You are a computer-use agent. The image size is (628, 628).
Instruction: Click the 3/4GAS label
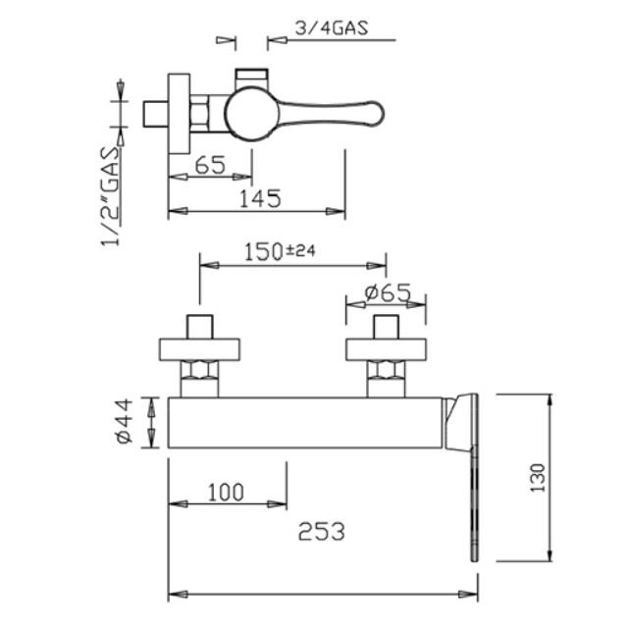[x=332, y=28]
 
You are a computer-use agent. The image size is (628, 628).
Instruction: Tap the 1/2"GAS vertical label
[x=110, y=196]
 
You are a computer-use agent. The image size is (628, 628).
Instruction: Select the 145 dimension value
[x=260, y=198]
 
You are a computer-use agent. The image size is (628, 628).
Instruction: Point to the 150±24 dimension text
[x=280, y=251]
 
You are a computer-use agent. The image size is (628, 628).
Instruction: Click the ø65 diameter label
[x=388, y=292]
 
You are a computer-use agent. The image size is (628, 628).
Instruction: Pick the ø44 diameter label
[x=125, y=421]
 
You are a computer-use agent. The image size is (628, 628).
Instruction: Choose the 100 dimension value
[x=226, y=493]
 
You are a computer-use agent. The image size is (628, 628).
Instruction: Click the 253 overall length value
[x=321, y=532]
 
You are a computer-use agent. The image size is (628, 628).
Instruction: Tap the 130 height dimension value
[x=538, y=478]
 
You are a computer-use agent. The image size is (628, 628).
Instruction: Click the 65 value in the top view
[x=210, y=165]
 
